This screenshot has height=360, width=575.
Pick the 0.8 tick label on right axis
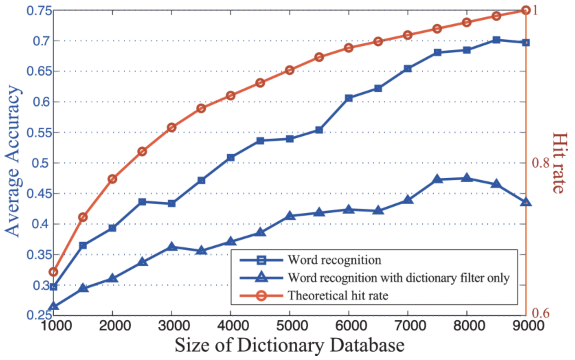click(x=541, y=163)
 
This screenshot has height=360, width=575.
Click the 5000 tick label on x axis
click(x=290, y=325)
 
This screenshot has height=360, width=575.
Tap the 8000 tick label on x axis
click(x=466, y=325)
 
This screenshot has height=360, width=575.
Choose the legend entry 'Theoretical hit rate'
click(x=338, y=295)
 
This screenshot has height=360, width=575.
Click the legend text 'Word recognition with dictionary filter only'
click(x=398, y=278)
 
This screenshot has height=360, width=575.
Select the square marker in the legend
click(x=261, y=260)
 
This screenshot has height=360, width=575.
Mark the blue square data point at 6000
click(x=349, y=98)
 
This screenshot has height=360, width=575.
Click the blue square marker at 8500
click(x=496, y=40)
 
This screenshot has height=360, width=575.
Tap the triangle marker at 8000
click(x=466, y=178)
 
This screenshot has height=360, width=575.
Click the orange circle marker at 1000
click(x=54, y=272)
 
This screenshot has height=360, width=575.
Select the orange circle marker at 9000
click(x=526, y=10)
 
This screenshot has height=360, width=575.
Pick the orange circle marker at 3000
click(x=172, y=128)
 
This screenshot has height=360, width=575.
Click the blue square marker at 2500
click(x=142, y=202)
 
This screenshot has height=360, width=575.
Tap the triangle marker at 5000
click(x=290, y=216)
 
